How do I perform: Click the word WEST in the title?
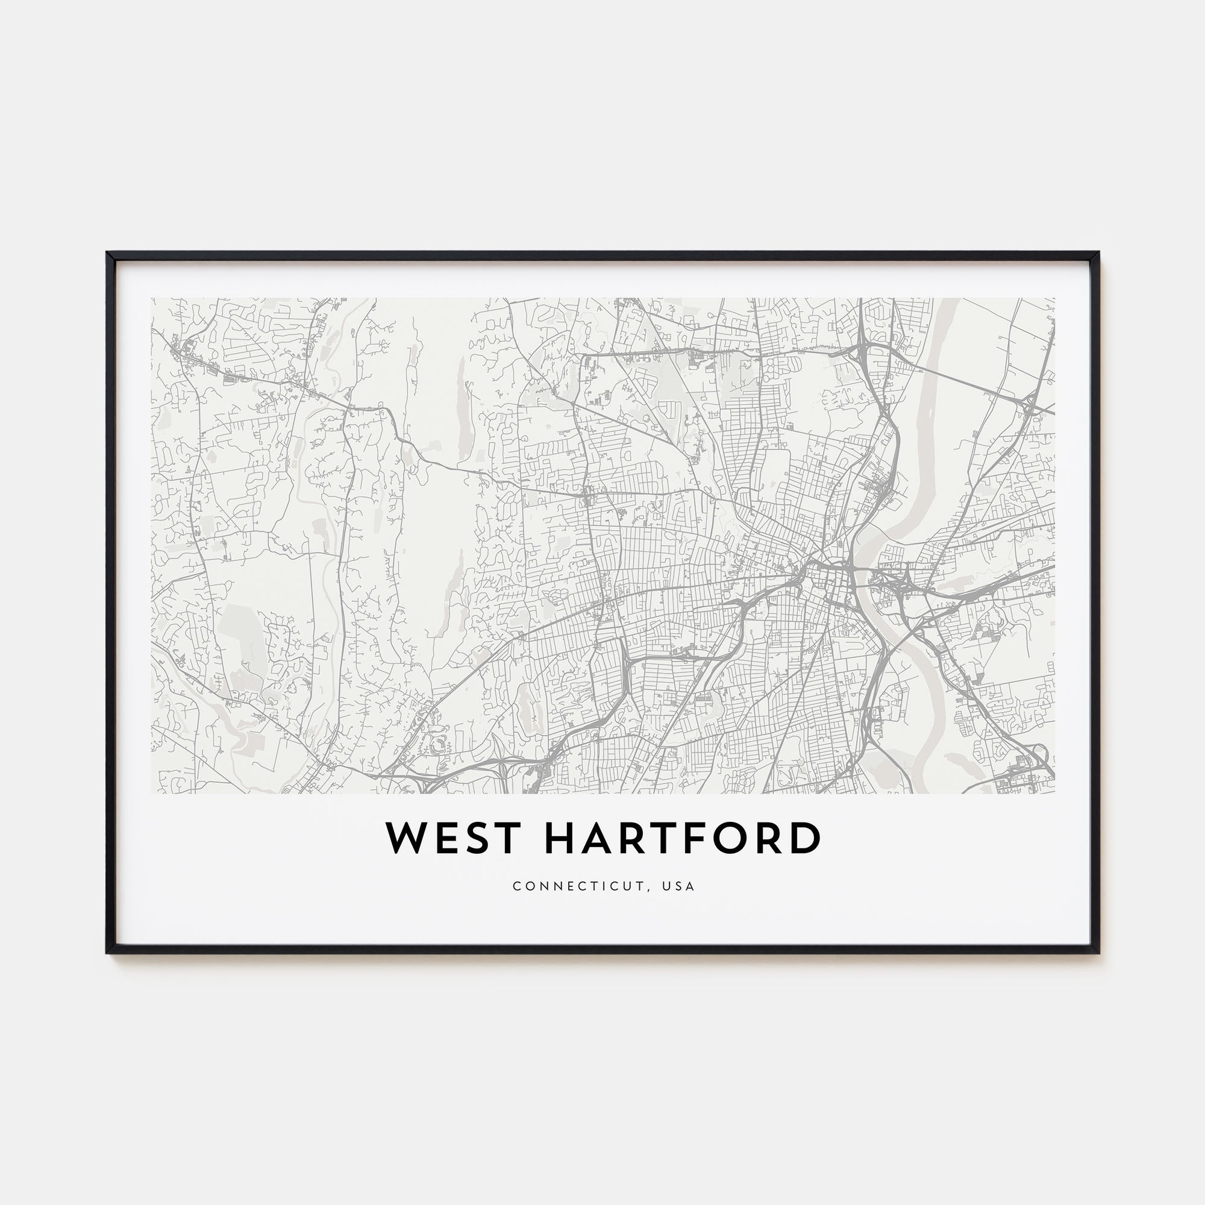click(453, 838)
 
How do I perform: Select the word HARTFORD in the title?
click(683, 838)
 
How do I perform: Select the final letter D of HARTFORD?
click(807, 838)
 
